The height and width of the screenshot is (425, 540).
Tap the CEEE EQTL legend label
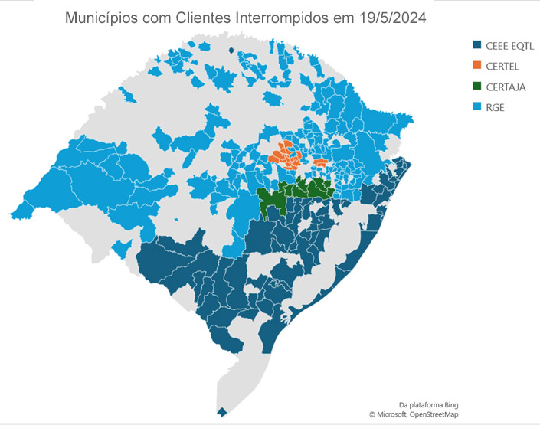509,47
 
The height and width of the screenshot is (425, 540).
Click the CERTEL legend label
502,67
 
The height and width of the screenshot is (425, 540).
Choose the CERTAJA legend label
505,87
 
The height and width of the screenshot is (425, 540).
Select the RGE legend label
495,108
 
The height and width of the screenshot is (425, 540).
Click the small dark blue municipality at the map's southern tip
222,412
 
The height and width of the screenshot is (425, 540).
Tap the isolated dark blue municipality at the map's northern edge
231,51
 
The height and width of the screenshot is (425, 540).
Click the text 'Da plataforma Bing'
431,404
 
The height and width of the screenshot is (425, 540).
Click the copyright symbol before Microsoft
372,414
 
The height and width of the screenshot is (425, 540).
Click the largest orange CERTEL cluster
287,156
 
